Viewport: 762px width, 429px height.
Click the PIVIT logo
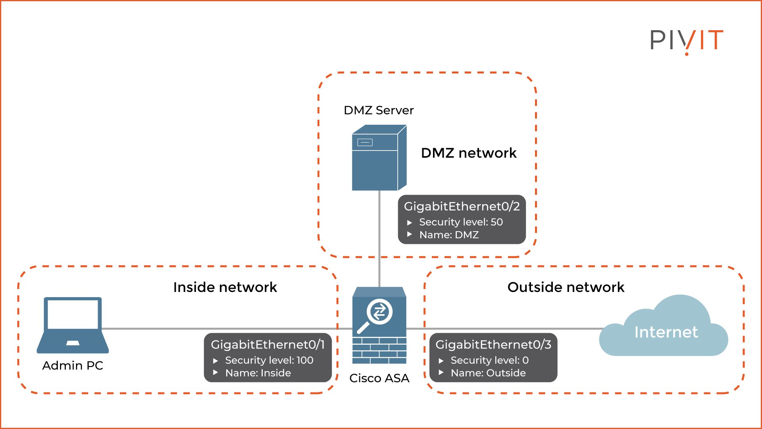(686, 40)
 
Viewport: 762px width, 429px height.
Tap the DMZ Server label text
(378, 110)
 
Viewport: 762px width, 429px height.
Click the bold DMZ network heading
(468, 153)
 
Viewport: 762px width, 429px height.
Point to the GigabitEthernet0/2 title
(462, 206)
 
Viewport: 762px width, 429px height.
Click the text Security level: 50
(461, 222)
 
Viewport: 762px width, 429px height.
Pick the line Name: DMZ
(448, 235)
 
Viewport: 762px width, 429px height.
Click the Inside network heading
(225, 287)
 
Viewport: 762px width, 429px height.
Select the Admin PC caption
(73, 365)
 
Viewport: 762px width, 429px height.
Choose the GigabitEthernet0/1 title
(267, 344)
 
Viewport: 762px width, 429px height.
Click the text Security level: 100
(269, 360)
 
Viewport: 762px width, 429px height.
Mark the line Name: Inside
(258, 373)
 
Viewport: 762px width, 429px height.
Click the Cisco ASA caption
(379, 378)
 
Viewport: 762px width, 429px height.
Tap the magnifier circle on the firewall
(379, 312)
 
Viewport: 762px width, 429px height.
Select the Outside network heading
(566, 287)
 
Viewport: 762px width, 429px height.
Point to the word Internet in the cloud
(666, 332)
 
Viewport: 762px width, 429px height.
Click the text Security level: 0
(489, 360)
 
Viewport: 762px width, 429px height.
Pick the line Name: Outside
(488, 373)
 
